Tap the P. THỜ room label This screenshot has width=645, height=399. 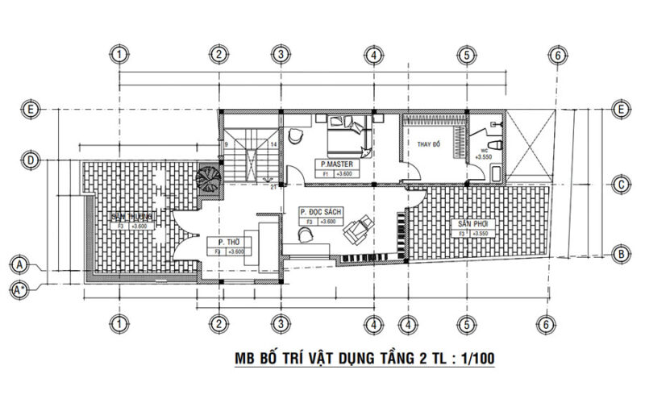pyautogui.click(x=226, y=242)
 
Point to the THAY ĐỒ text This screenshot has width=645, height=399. pyautogui.click(x=428, y=144)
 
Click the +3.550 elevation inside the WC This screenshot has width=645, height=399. pyautogui.click(x=483, y=156)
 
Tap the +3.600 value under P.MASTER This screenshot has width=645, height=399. pyautogui.click(x=343, y=173)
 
